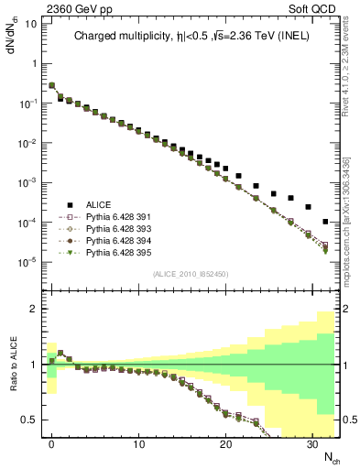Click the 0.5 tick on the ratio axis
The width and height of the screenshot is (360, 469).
pyautogui.click(x=28, y=420)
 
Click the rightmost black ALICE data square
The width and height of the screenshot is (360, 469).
pyautogui.click(x=326, y=222)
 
